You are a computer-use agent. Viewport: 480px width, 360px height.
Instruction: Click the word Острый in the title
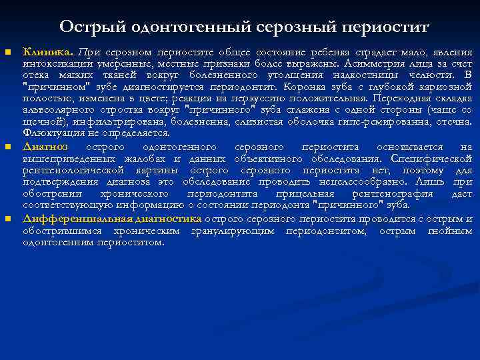(x=85, y=27)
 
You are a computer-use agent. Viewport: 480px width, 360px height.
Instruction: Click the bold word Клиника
(x=48, y=52)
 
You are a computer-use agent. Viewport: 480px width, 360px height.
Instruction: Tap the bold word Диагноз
(x=45, y=146)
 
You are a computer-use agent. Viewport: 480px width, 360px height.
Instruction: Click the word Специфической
(x=434, y=159)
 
